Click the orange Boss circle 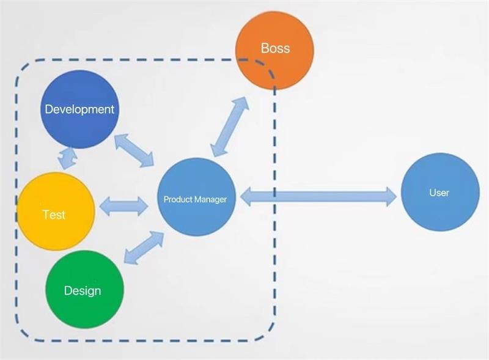coord(274,50)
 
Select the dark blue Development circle coord(79,109)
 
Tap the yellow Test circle coord(56,211)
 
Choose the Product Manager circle coord(196,197)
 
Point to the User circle coord(439,192)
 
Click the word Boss coord(275,48)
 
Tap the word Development coord(79,109)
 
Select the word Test coord(54,215)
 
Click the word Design coord(83,290)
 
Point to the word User coord(439,193)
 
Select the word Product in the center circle coord(176,199)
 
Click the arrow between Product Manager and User coord(318,196)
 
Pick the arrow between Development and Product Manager coord(135,149)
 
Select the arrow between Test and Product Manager coord(123,206)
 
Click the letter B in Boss coord(265,48)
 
